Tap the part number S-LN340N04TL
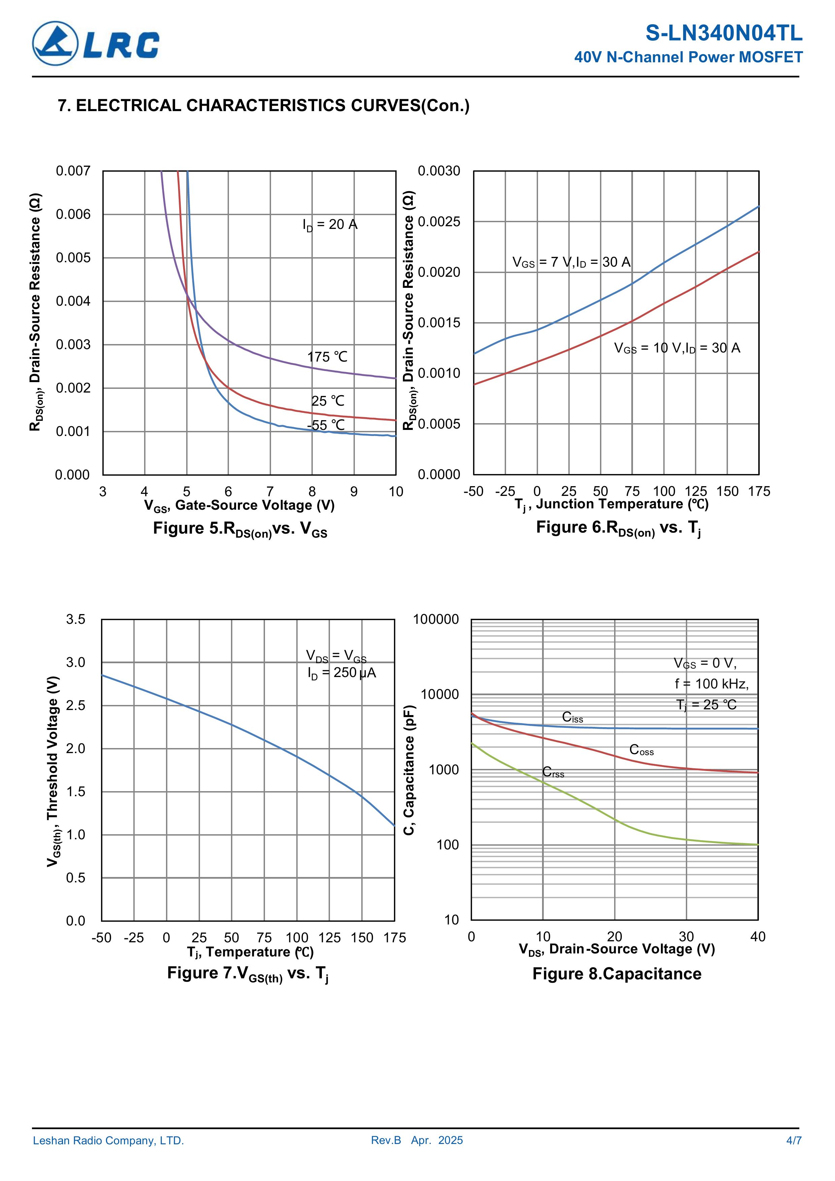pos(723,33)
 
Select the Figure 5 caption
pos(240,529)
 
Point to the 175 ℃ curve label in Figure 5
pos(327,357)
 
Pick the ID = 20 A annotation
pos(330,225)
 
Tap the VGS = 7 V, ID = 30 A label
pos(571,262)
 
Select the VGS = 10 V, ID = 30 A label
pos(676,348)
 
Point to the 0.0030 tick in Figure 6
pos(439,171)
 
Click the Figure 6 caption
pos(618,528)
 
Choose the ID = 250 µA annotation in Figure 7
pos(342,673)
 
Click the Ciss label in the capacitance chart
pos(572,717)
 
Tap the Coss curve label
pos(641,750)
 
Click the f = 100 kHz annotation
pos(711,684)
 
